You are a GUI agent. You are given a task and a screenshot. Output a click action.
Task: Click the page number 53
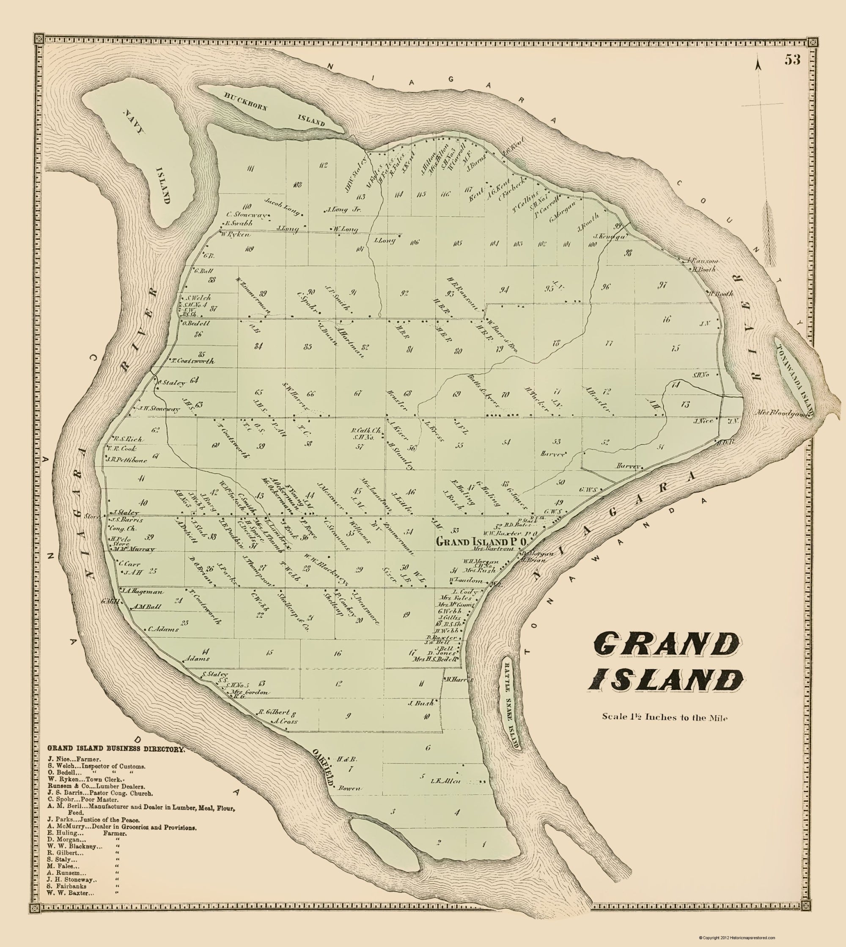point(793,60)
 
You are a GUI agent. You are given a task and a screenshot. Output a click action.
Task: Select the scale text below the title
point(664,717)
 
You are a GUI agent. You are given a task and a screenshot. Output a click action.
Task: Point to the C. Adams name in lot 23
point(163,630)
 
